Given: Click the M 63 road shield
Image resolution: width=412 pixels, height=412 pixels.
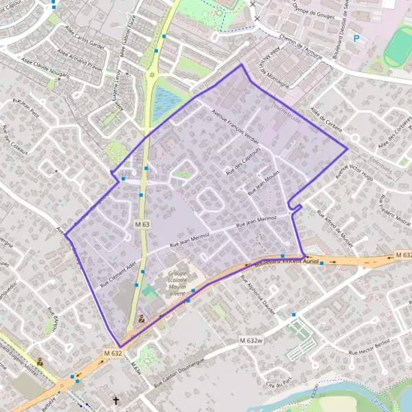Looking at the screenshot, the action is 142,225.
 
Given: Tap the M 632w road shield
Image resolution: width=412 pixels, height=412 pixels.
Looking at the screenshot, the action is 252,341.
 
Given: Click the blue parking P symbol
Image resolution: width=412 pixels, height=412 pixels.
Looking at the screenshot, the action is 356,38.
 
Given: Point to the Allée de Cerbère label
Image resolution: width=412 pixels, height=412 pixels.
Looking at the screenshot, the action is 326,117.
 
